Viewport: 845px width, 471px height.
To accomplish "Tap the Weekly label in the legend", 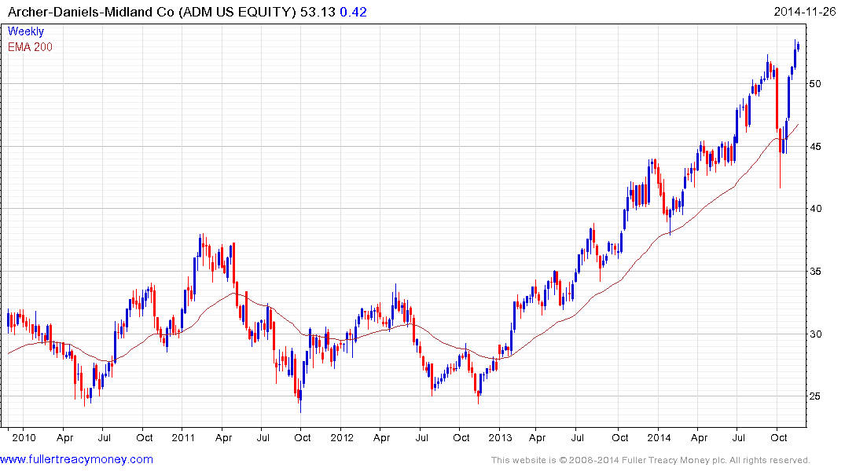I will [26, 31].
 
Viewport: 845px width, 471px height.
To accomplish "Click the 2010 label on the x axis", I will [23, 437].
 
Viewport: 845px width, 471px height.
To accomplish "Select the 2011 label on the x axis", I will [182, 437].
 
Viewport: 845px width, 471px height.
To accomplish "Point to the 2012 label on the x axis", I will [342, 437].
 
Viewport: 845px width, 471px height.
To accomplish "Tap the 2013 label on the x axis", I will [501, 437].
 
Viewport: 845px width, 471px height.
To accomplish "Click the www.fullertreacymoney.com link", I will [77, 459].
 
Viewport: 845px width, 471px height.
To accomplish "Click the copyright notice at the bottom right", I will [650, 460].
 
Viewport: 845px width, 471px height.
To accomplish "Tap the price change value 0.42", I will [353, 12].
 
